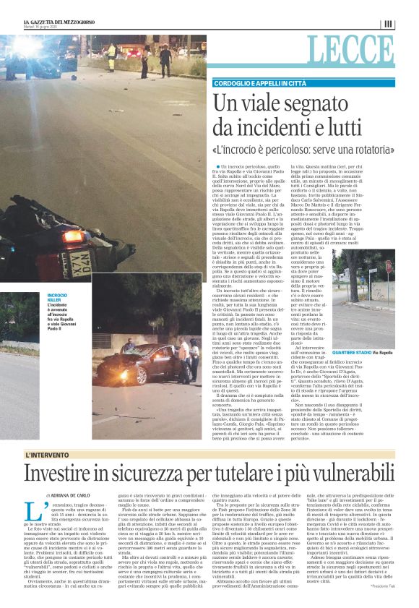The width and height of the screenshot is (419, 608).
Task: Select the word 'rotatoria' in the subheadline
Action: pos(372,150)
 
